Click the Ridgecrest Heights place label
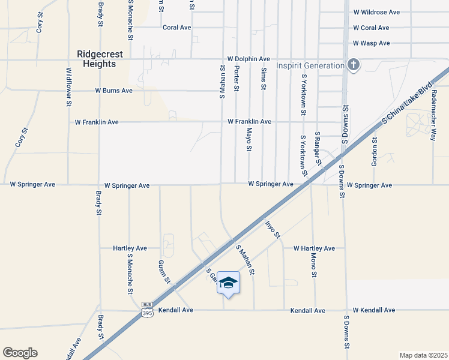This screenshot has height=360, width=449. pyautogui.click(x=100, y=59)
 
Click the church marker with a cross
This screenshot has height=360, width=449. pyautogui.click(x=354, y=65)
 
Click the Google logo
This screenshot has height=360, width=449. pyautogui.click(x=20, y=352)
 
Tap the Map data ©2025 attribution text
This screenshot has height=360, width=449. pyautogui.click(x=423, y=355)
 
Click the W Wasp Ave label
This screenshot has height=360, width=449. pyautogui.click(x=372, y=43)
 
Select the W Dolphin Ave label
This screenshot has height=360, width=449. pyautogui.click(x=249, y=59)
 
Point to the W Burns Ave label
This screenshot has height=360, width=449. pyautogui.click(x=113, y=91)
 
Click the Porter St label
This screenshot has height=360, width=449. pyautogui.click(x=237, y=79)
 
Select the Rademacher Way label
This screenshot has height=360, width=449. pyautogui.click(x=433, y=119)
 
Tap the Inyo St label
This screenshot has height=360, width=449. pyautogui.click(x=273, y=229)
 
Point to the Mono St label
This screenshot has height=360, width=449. pyautogui.click(x=313, y=265)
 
